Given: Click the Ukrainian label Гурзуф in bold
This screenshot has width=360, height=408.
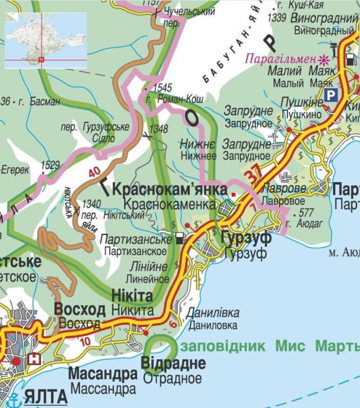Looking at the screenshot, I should (246, 238).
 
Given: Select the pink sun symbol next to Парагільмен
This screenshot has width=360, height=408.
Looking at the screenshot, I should (323, 58).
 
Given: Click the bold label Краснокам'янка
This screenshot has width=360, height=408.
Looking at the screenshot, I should (169, 189).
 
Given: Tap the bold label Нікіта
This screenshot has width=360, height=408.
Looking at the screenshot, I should (132, 296).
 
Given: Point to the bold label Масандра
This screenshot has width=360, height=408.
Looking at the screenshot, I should (102, 374).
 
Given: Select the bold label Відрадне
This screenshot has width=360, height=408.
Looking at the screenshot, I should (173, 363).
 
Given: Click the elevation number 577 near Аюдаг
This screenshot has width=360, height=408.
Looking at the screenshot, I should (307, 213).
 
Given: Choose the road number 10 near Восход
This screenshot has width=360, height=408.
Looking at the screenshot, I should (85, 341).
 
